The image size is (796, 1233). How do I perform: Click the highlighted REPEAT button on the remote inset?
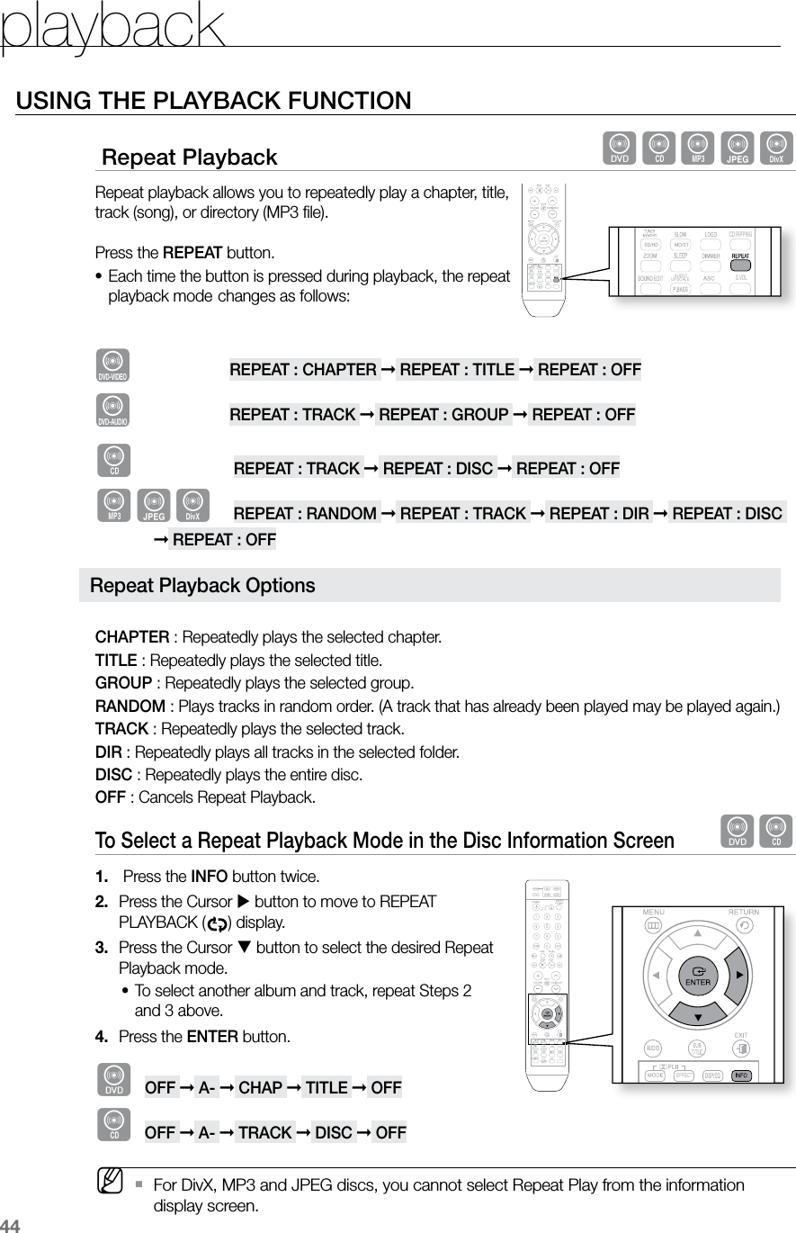[741, 256]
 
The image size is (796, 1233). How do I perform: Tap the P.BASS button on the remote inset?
[680, 289]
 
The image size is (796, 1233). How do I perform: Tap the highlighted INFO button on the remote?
[742, 1075]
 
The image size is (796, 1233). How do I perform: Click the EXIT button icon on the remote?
[741, 1048]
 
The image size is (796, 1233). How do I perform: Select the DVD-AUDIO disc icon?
[112, 410]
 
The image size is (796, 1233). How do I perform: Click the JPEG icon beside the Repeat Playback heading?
[738, 148]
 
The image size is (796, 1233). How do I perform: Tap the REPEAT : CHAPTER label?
[303, 370]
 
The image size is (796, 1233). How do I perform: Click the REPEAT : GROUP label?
[443, 414]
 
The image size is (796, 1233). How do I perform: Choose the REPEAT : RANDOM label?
[305, 513]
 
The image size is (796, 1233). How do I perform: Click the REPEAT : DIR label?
[599, 513]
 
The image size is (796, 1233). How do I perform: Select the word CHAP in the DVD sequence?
[260, 1087]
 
